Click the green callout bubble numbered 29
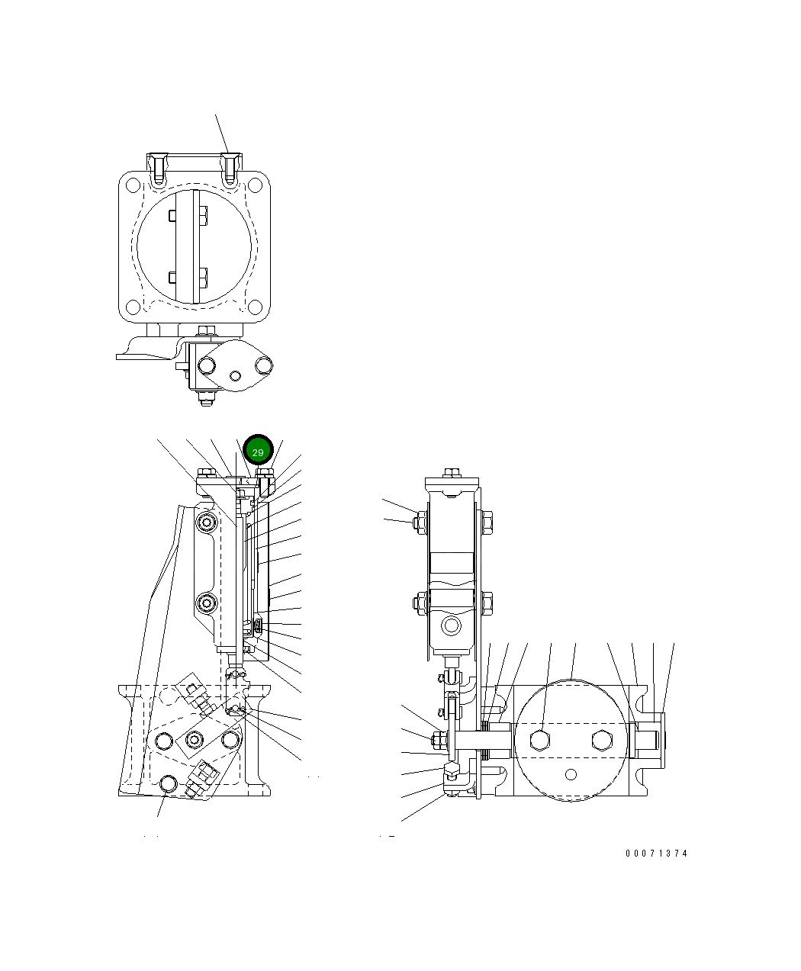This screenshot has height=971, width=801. click(x=258, y=452)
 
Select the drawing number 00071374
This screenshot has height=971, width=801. click(x=656, y=854)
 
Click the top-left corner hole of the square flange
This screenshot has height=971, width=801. click(x=133, y=185)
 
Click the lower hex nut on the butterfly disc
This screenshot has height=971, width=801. click(x=202, y=278)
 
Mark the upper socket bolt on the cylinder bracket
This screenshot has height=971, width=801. click(x=207, y=522)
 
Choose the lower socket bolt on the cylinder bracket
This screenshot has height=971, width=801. click(x=207, y=603)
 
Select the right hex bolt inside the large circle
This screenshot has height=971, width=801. click(x=601, y=740)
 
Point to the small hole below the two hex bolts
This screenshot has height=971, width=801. click(x=571, y=774)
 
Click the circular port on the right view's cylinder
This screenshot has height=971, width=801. click(x=452, y=626)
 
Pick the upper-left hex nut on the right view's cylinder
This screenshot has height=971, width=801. click(x=419, y=522)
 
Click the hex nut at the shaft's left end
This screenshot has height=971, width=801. click(x=440, y=739)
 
